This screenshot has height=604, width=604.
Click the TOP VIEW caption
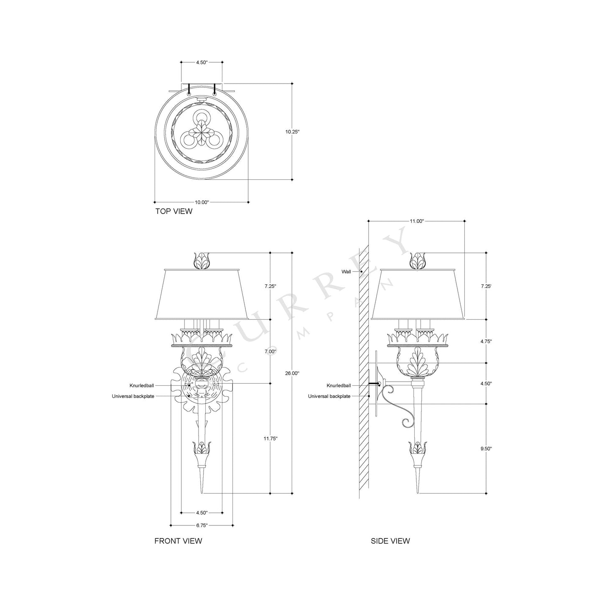pyautogui.click(x=174, y=211)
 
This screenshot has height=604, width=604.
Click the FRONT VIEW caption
pyautogui.click(x=178, y=540)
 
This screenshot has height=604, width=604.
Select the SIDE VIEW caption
pyautogui.click(x=390, y=540)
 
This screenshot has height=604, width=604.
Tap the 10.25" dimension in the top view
pyautogui.click(x=293, y=131)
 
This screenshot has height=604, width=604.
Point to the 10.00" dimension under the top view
pyautogui.click(x=201, y=202)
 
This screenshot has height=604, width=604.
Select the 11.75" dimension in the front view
pyautogui.click(x=271, y=438)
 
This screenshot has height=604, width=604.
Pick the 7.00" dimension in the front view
pyautogui.click(x=271, y=352)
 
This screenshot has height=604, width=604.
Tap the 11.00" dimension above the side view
pyautogui.click(x=416, y=221)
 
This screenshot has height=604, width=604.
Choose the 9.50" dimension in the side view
pyautogui.click(x=486, y=448)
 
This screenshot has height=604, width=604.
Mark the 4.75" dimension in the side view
pyautogui.click(x=486, y=341)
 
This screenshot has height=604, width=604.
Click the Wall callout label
pyautogui.click(x=346, y=272)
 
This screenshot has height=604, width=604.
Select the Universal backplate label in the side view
pyautogui.click(x=329, y=396)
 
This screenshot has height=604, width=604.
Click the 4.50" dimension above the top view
pyautogui.click(x=201, y=62)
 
